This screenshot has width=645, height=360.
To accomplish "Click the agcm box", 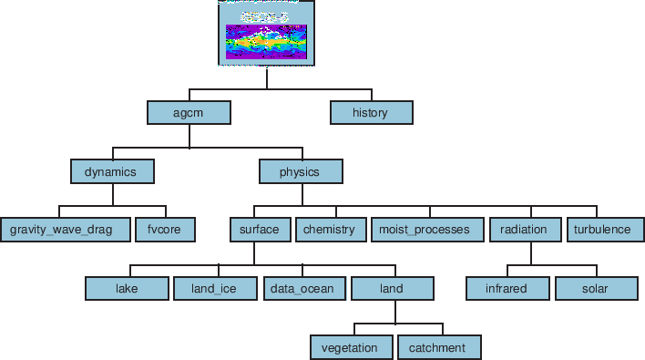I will pos(189,112).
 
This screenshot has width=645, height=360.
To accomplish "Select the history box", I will pos(371,112).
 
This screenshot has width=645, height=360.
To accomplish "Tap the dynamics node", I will pos(112,170).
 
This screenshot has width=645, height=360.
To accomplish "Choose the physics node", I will pos(301,170).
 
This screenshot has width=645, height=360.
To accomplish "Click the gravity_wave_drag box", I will pos(63,230).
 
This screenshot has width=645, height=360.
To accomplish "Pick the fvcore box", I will pos(165,230).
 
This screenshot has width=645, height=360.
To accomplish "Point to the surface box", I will pos(260,230).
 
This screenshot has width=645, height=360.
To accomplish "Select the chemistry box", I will pos(329,230).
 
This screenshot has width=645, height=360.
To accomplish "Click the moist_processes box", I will pos(425,230).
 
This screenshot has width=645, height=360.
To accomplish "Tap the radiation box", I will pos(524,230).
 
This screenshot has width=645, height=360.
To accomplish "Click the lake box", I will pos(127,288).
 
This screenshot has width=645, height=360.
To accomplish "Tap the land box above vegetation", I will pos(393,288).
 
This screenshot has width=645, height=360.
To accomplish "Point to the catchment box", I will pos(438,347).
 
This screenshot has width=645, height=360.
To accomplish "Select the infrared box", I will pos(507,288).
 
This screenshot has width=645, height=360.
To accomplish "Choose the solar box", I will pos(596,288).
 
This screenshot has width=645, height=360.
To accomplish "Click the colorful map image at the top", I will pos(267,34).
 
